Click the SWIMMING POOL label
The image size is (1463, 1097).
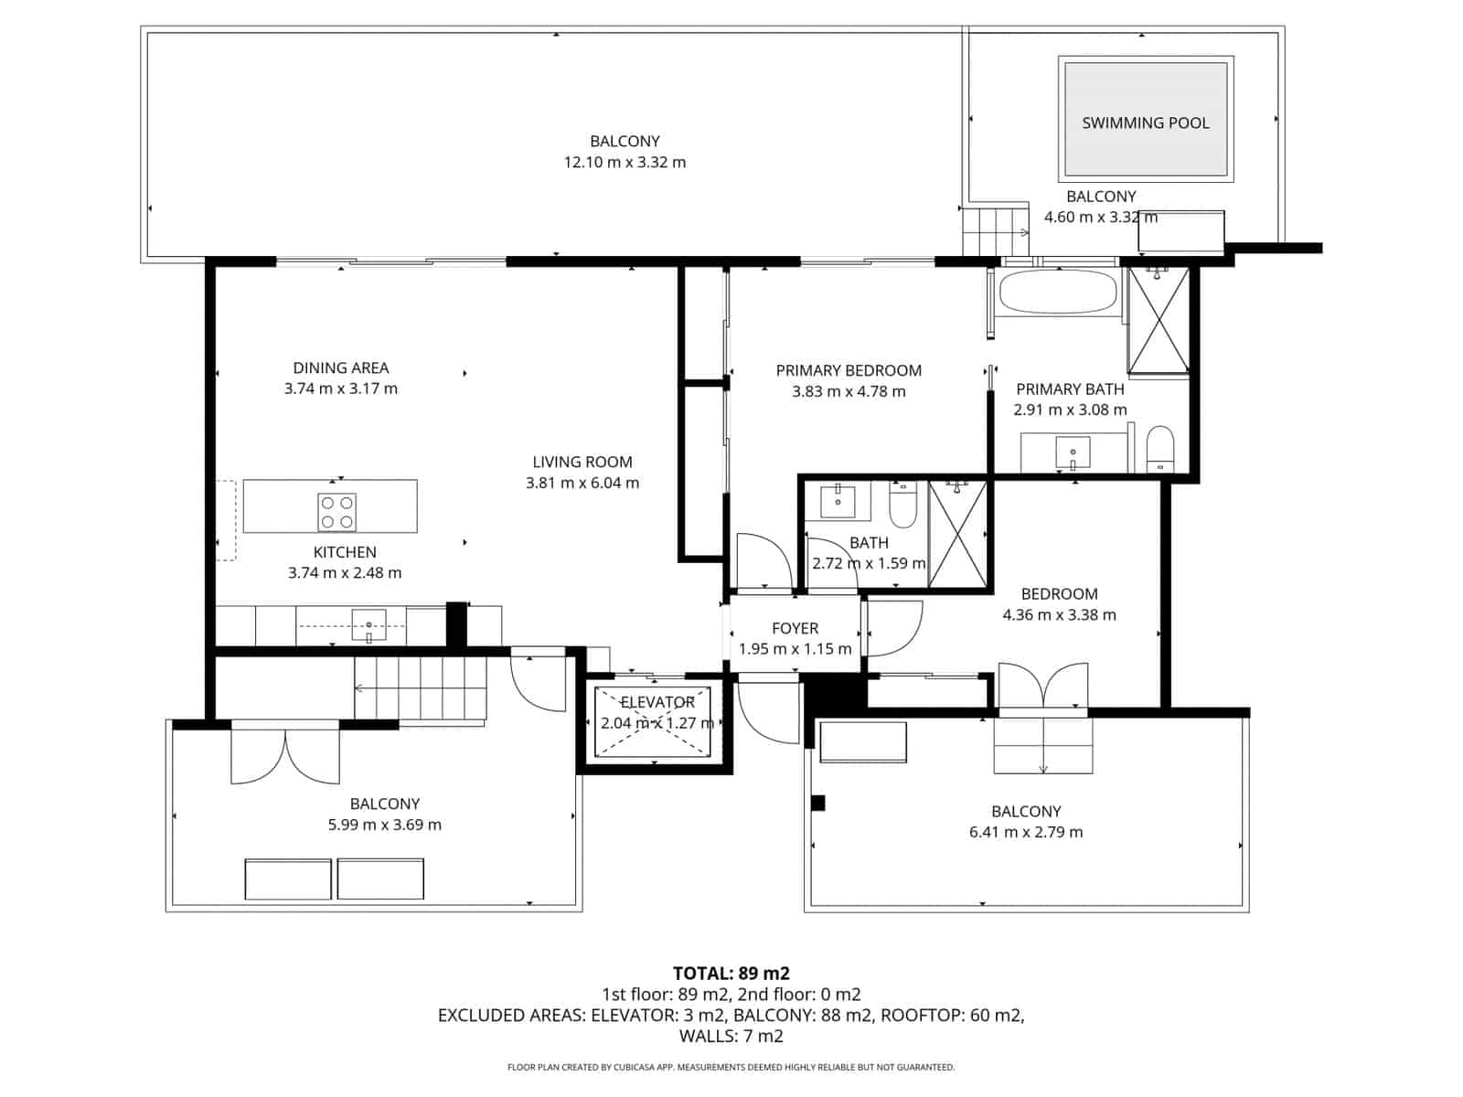pyautogui.click(x=1145, y=122)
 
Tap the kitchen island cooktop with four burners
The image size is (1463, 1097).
pyautogui.click(x=336, y=512)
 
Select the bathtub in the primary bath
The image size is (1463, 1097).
pyautogui.click(x=1058, y=293)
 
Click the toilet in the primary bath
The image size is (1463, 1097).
pyautogui.click(x=1160, y=448)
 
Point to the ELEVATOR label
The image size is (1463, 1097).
pyautogui.click(x=657, y=702)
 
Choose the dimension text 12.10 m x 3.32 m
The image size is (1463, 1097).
pyautogui.click(x=625, y=163)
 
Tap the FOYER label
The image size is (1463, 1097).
pyautogui.click(x=795, y=628)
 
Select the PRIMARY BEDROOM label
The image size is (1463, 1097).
pyautogui.click(x=849, y=370)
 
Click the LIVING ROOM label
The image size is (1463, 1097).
pyautogui.click(x=582, y=462)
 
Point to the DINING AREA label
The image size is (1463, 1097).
pyautogui.click(x=340, y=367)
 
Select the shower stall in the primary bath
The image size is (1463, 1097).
pyautogui.click(x=1159, y=320)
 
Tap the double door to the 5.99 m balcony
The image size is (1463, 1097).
pyautogui.click(x=285, y=755)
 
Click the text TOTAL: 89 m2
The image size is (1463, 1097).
pyautogui.click(x=731, y=973)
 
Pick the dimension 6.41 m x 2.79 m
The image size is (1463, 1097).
pyautogui.click(x=1026, y=832)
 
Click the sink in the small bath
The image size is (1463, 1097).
pyautogui.click(x=837, y=501)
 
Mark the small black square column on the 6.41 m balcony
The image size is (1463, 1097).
pyautogui.click(x=818, y=803)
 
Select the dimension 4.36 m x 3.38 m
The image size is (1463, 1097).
pyautogui.click(x=1059, y=615)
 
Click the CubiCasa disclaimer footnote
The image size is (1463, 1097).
pyautogui.click(x=731, y=1067)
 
